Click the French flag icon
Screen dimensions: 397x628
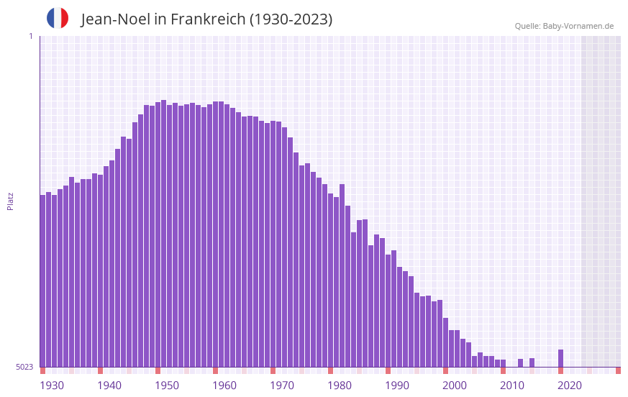pyautogui.click(x=58, y=18)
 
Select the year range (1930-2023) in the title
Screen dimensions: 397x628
pyautogui.click(x=291, y=19)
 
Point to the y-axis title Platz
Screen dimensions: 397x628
pyautogui.click(x=10, y=201)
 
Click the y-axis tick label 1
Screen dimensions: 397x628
pyautogui.click(x=30, y=36)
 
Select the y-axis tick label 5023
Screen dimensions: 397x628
pyautogui.click(x=24, y=367)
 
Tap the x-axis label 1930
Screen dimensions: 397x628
pyautogui.click(x=52, y=385)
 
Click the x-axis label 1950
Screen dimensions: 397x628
pyautogui.click(x=167, y=385)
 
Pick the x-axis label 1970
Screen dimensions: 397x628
pyautogui.click(x=282, y=385)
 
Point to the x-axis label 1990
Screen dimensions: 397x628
pyautogui.click(x=397, y=385)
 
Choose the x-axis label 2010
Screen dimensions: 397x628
pyautogui.click(x=512, y=385)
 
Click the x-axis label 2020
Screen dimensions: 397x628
pyautogui.click(x=570, y=385)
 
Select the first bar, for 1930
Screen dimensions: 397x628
pyautogui.click(x=43, y=280)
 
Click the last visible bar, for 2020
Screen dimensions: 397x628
pyautogui.click(x=561, y=358)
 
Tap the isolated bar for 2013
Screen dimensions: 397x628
pyautogui.click(x=521, y=362)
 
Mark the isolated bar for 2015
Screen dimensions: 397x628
pyautogui.click(x=532, y=362)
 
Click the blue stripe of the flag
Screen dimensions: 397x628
pyautogui.click(x=50, y=18)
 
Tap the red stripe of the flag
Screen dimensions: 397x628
pyautogui.click(x=65, y=18)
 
